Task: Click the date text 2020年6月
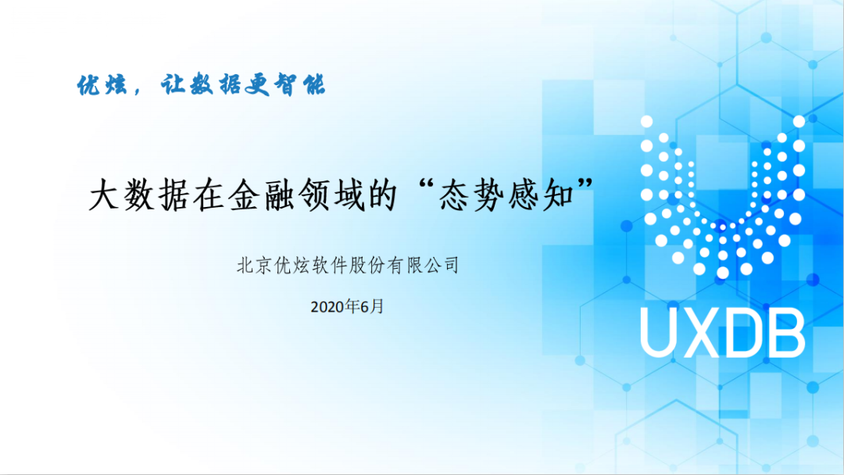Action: [347, 306]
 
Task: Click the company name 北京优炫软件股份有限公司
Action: [348, 265]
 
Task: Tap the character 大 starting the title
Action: [104, 195]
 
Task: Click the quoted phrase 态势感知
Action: [506, 195]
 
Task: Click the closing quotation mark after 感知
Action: [585, 186]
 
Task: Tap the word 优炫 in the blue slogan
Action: [102, 85]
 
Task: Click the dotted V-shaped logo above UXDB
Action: [723, 196]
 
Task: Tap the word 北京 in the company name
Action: [254, 265]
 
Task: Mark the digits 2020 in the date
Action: [327, 307]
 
